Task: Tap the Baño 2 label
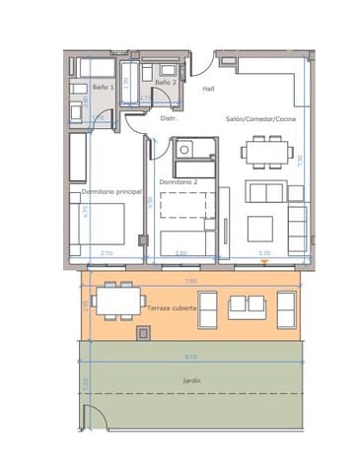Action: point(166,83)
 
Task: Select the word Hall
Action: point(208,89)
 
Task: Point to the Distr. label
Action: point(168,118)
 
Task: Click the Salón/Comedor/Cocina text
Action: point(260,118)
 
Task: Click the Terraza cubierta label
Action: point(172,309)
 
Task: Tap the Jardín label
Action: point(191,379)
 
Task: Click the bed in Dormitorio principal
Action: point(98,225)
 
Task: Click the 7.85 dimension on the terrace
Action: point(191,281)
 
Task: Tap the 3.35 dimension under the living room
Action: point(264,253)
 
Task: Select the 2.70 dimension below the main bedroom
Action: point(107,253)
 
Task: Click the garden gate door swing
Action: point(92,419)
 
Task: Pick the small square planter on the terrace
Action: point(145,334)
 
